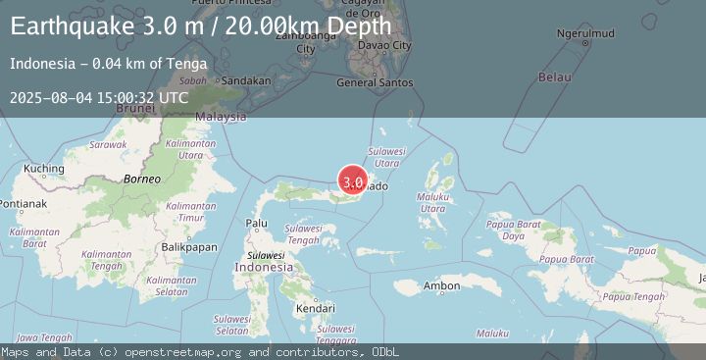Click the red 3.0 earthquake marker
[353, 180]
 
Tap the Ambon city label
[441, 286]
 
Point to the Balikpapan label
[189, 247]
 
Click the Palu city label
[257, 224]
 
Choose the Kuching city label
[43, 169]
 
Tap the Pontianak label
[24, 204]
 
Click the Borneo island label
[141, 180]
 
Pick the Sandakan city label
[246, 80]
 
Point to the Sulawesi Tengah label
[303, 234]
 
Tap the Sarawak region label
[108, 144]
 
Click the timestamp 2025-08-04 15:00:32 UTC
[99, 97]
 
